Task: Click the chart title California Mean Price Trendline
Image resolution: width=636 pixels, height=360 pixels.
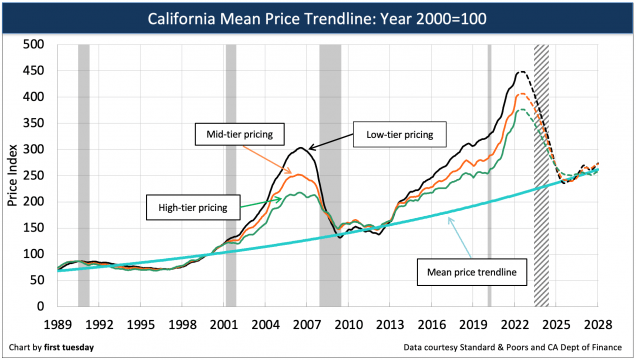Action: [x=318, y=18]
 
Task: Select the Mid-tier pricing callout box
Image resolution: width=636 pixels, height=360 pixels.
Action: [x=241, y=132]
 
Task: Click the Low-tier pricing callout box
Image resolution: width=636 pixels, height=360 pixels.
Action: [x=399, y=132]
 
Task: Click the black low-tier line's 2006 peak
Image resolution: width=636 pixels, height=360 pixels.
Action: [x=302, y=148]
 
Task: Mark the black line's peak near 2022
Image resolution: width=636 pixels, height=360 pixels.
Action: [x=521, y=72]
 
